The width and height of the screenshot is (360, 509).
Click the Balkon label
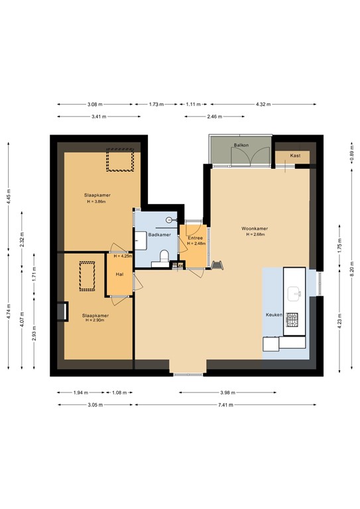point(240,144)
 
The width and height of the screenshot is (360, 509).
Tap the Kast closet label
point(296,156)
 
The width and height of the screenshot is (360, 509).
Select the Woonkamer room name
point(254,229)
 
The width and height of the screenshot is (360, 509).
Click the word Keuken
point(274,315)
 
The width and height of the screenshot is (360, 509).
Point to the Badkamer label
point(159,235)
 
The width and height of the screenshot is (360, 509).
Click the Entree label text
point(196,238)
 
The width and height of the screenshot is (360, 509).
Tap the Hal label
point(120,274)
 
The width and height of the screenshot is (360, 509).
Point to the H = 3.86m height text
point(97,201)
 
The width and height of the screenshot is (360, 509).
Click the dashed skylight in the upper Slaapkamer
point(121,160)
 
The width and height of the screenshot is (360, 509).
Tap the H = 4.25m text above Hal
point(121,256)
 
